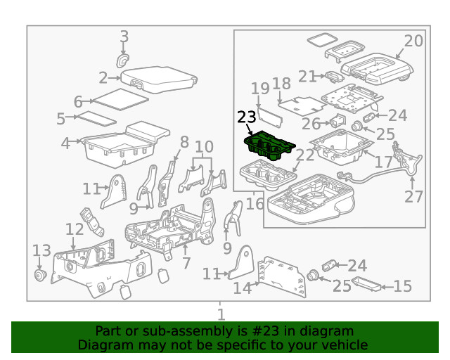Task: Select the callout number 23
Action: (247, 117)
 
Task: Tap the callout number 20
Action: (413, 41)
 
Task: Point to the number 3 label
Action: (124, 37)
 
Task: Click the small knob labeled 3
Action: (123, 61)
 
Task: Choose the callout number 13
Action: (41, 250)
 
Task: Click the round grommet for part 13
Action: (40, 274)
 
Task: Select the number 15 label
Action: (402, 286)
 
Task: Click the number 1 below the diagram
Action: (221, 314)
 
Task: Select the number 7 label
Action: (186, 264)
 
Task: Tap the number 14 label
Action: (242, 287)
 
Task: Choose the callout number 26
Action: (311, 124)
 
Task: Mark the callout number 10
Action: (204, 147)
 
